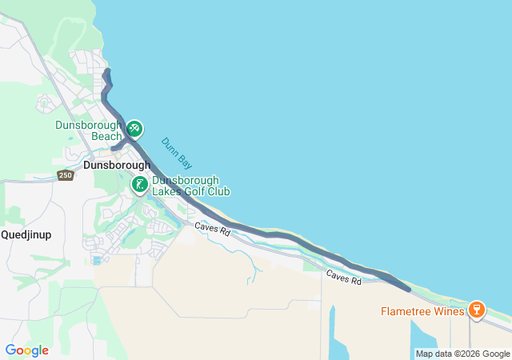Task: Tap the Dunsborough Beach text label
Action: coord(89,130)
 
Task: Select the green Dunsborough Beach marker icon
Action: coord(134,128)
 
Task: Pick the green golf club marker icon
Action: coord(139,185)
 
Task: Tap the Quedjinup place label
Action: coord(27,234)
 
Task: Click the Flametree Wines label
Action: coord(423,310)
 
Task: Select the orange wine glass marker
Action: coord(477,309)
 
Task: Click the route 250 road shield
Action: coord(66,175)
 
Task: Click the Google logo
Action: coord(26,350)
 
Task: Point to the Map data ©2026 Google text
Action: coord(462,354)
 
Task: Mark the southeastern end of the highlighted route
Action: coord(409,289)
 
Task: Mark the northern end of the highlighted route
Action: coord(107,73)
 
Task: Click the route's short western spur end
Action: coord(113,148)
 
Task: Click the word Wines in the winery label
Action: coord(448,310)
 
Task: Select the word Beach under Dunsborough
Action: coord(106,136)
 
